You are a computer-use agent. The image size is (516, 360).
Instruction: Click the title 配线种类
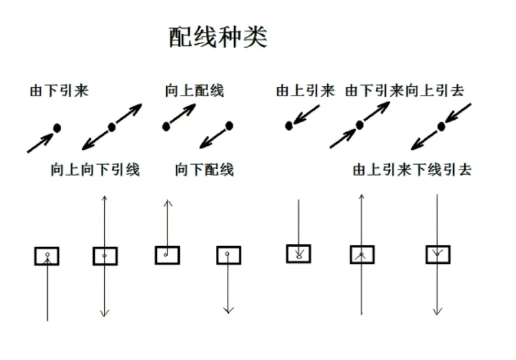218,37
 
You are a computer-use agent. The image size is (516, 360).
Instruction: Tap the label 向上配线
194,91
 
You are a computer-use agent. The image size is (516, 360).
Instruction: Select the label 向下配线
204,170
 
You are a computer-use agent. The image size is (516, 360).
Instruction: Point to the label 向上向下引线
95,170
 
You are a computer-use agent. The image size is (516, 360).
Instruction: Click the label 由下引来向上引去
404,91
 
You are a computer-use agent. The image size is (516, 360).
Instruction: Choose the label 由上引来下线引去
412,170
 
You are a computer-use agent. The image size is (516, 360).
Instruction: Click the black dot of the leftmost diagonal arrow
57,128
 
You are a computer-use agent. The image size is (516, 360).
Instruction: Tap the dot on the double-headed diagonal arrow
112,127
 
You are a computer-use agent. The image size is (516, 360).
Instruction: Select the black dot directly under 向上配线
166,126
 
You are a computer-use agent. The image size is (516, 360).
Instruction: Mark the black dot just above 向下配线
229,125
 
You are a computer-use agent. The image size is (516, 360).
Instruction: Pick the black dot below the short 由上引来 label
288,126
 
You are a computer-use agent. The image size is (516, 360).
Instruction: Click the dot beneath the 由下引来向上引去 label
359,125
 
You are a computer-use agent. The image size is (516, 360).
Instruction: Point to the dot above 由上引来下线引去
441,126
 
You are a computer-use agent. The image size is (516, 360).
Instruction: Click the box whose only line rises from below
47,256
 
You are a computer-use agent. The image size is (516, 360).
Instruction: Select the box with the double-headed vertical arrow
105,256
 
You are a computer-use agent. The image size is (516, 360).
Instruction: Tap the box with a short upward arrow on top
167,255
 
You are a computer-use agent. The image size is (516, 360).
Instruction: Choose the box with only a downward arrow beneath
228,255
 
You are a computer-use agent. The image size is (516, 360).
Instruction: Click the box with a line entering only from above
298,253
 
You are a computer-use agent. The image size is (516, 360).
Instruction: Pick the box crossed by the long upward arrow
362,255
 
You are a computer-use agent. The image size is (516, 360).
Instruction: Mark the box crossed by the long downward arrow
438,254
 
